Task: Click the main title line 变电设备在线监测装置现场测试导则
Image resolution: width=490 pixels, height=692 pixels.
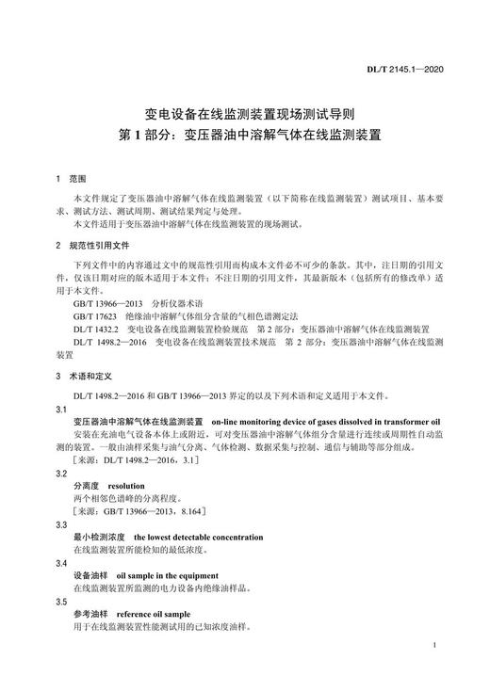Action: click(245, 111)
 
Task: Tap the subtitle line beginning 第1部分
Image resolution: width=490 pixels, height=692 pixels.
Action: click(245, 135)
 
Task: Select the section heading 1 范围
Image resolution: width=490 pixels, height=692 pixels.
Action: click(71, 179)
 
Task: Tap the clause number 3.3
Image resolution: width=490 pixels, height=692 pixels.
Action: click(61, 523)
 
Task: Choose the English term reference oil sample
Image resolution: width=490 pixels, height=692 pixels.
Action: click(153, 613)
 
